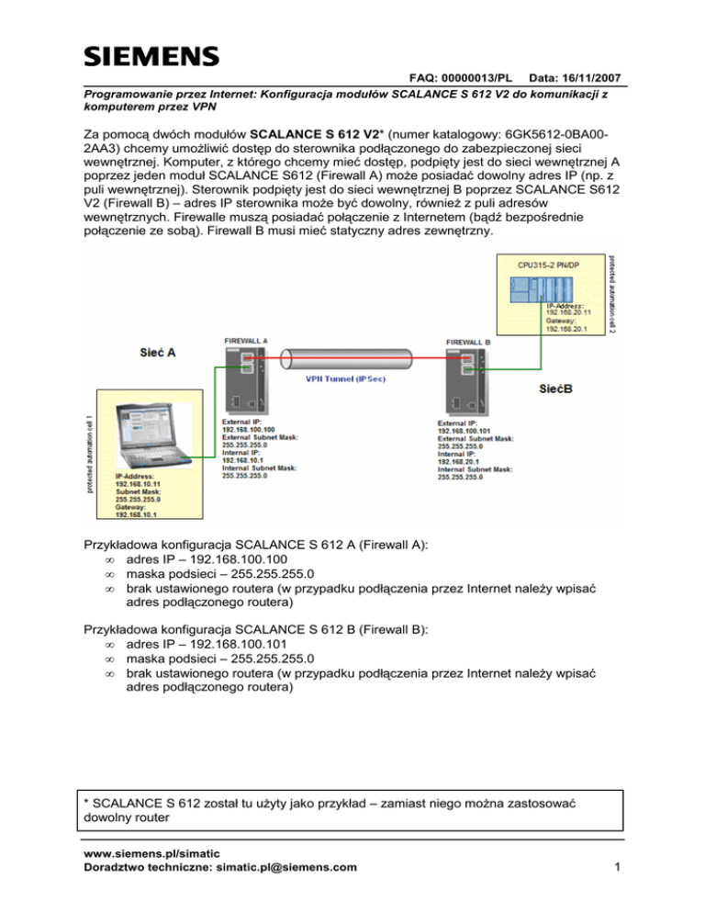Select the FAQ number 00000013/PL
pyautogui.click(x=471, y=82)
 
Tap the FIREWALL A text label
pyautogui.click(x=247, y=340)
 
